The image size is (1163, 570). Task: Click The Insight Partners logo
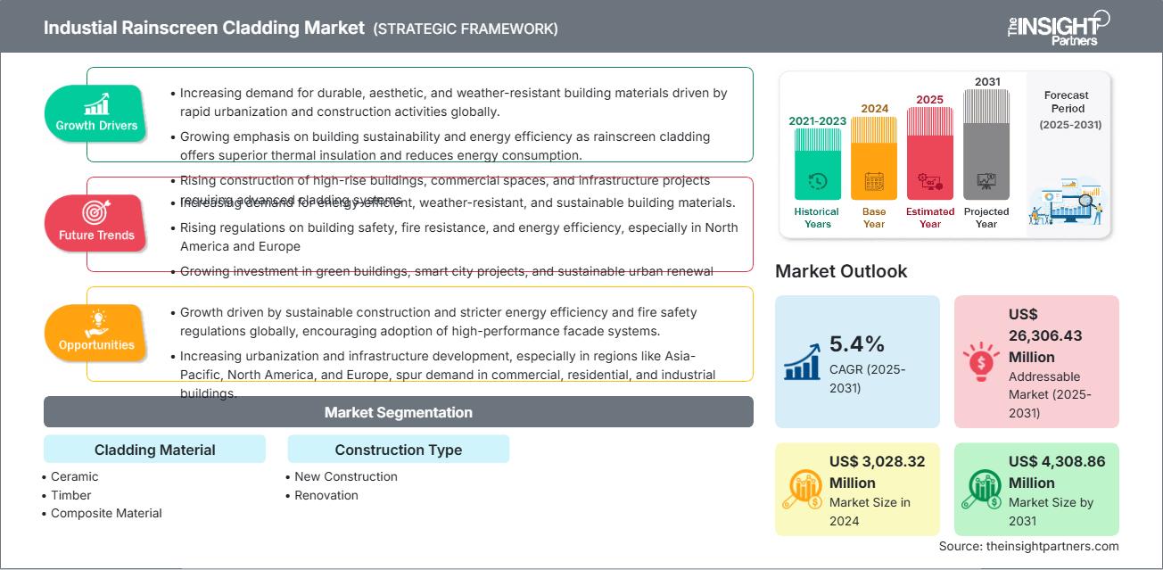[1058, 27]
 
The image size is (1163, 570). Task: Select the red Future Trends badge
[95, 222]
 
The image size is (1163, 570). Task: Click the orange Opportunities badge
[95, 332]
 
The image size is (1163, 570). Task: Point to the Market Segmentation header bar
[398, 412]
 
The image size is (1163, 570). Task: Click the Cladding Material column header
[154, 450]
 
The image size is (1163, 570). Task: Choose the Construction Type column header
[398, 450]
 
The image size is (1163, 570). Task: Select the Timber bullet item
[70, 495]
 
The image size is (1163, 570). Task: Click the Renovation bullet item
[326, 495]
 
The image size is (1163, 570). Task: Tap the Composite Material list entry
[106, 513]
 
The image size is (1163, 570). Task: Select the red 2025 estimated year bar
[930, 153]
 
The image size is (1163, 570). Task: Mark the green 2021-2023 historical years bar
[817, 164]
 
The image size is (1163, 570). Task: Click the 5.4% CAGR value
[856, 344]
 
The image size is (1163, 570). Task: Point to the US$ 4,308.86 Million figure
[1055, 472]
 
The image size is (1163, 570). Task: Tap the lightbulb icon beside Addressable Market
[981, 362]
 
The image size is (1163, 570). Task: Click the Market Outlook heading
[841, 271]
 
